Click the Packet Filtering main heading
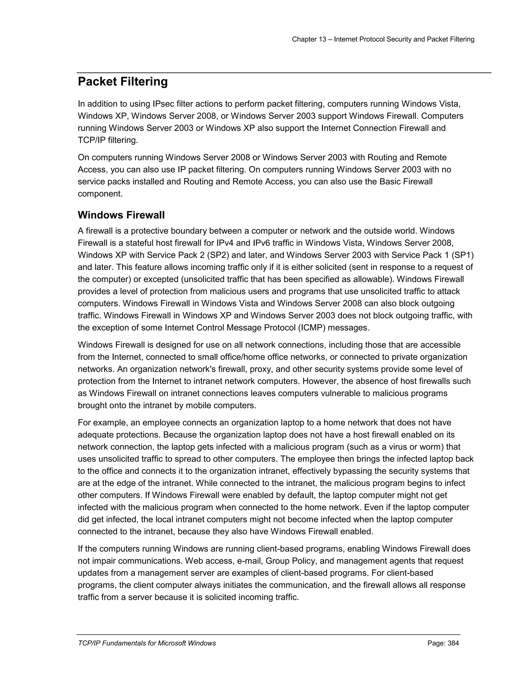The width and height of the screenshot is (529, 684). point(122,82)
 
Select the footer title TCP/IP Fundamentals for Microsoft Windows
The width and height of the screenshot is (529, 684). point(147,643)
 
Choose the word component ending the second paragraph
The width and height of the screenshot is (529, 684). point(100,194)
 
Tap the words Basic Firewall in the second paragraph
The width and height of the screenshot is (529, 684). point(406,182)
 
